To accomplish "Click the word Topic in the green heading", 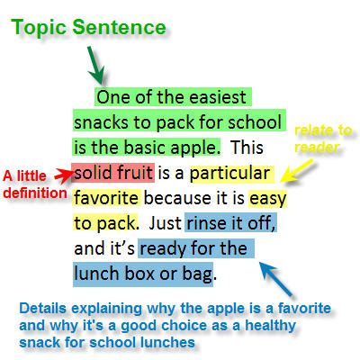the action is tap(39, 28).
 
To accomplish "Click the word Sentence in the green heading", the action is tap(119, 27).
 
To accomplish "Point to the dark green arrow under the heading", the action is tap(95, 66).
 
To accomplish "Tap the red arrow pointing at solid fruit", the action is tap(64, 175).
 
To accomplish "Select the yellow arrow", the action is tap(297, 171).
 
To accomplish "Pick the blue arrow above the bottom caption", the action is tap(276, 278).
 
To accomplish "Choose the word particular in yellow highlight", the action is tap(229, 174).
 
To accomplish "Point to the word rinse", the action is tap(204, 224).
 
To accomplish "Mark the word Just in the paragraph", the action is tap(165, 223).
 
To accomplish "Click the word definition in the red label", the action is tap(35, 193).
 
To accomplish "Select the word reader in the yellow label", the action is tap(317, 147).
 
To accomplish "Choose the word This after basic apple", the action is tap(247, 148).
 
